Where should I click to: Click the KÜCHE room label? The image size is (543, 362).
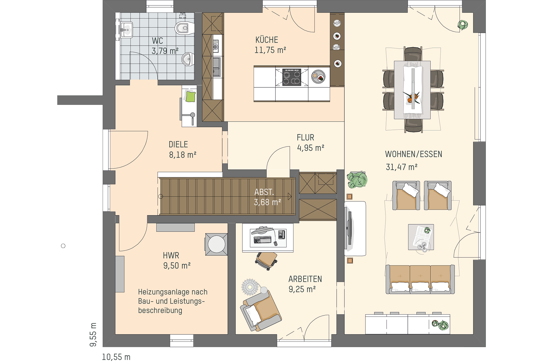(x=267, y=40)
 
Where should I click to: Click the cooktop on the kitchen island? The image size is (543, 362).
(x=292, y=77)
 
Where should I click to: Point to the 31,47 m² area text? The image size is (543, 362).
(x=402, y=167)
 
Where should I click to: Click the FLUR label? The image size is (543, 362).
(x=305, y=138)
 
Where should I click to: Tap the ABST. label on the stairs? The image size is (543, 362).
(x=264, y=192)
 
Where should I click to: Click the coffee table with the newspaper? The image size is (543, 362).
(x=421, y=237)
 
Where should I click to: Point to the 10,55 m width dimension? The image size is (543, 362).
(x=116, y=357)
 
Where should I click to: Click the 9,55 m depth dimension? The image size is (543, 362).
(x=93, y=335)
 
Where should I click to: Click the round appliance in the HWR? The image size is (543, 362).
(x=216, y=244)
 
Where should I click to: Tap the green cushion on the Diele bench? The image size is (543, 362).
(x=190, y=97)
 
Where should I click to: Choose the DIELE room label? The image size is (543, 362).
(x=178, y=145)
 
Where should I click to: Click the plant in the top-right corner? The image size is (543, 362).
(x=463, y=25)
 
